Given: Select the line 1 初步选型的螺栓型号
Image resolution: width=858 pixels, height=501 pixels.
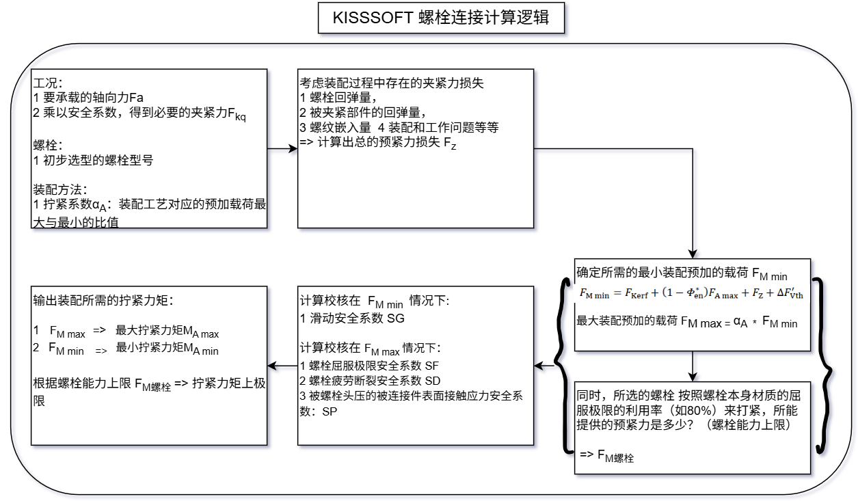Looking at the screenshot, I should point(93,161).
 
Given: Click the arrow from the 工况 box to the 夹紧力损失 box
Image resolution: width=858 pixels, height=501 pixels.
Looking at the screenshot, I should point(282,148).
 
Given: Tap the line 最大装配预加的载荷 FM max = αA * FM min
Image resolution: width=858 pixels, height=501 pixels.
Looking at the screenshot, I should point(687,322).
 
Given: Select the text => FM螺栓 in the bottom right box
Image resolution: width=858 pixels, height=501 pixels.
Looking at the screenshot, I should point(606,456).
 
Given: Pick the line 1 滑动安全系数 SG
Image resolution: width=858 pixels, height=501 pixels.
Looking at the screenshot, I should point(353,319).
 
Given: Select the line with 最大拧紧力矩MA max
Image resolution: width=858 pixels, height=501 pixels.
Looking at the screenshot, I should point(127,331).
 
